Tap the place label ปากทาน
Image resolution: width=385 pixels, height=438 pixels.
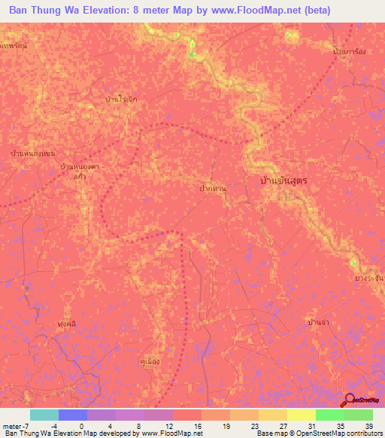click(213, 189)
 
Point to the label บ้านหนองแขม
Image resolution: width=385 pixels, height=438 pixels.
click(33, 154)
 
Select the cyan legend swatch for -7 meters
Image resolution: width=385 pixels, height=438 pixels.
click(44, 415)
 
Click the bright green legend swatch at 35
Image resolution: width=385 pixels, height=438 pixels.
click(329, 415)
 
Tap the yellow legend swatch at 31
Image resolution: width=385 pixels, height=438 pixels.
click(301, 415)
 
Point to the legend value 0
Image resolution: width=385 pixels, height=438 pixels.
click(80, 425)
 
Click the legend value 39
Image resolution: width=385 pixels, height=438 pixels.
click(368, 425)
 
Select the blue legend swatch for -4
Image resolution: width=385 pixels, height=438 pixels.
click(72, 415)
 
